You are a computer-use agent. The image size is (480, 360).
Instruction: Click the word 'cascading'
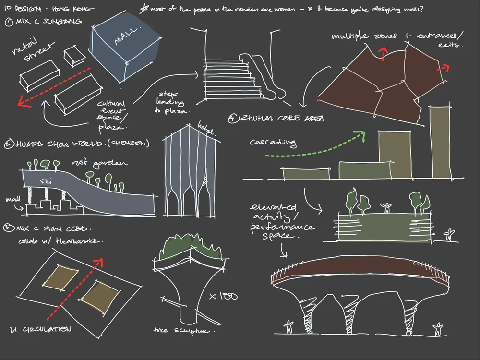tap(273, 143)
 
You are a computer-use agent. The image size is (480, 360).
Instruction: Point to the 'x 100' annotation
tap(223, 296)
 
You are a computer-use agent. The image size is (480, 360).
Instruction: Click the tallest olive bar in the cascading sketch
tap(441, 142)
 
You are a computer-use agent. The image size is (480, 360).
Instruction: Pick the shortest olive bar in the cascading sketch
tap(306, 173)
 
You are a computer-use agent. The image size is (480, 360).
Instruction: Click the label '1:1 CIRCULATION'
tap(41, 329)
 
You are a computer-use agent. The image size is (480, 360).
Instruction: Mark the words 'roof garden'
tap(106, 164)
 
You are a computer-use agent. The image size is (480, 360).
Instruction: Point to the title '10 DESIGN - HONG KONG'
tap(48, 8)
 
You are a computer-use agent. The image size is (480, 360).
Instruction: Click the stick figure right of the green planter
tap(449, 235)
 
